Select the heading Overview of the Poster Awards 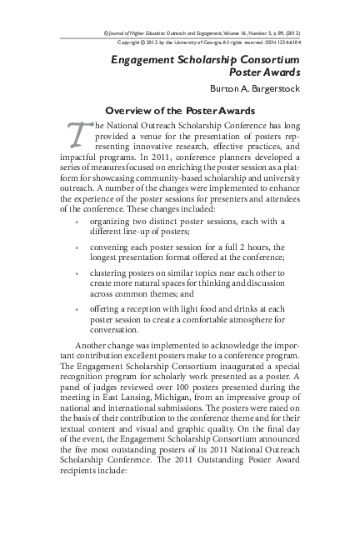180,110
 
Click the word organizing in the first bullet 115,222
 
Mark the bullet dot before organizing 77,222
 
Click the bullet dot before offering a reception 77,308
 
